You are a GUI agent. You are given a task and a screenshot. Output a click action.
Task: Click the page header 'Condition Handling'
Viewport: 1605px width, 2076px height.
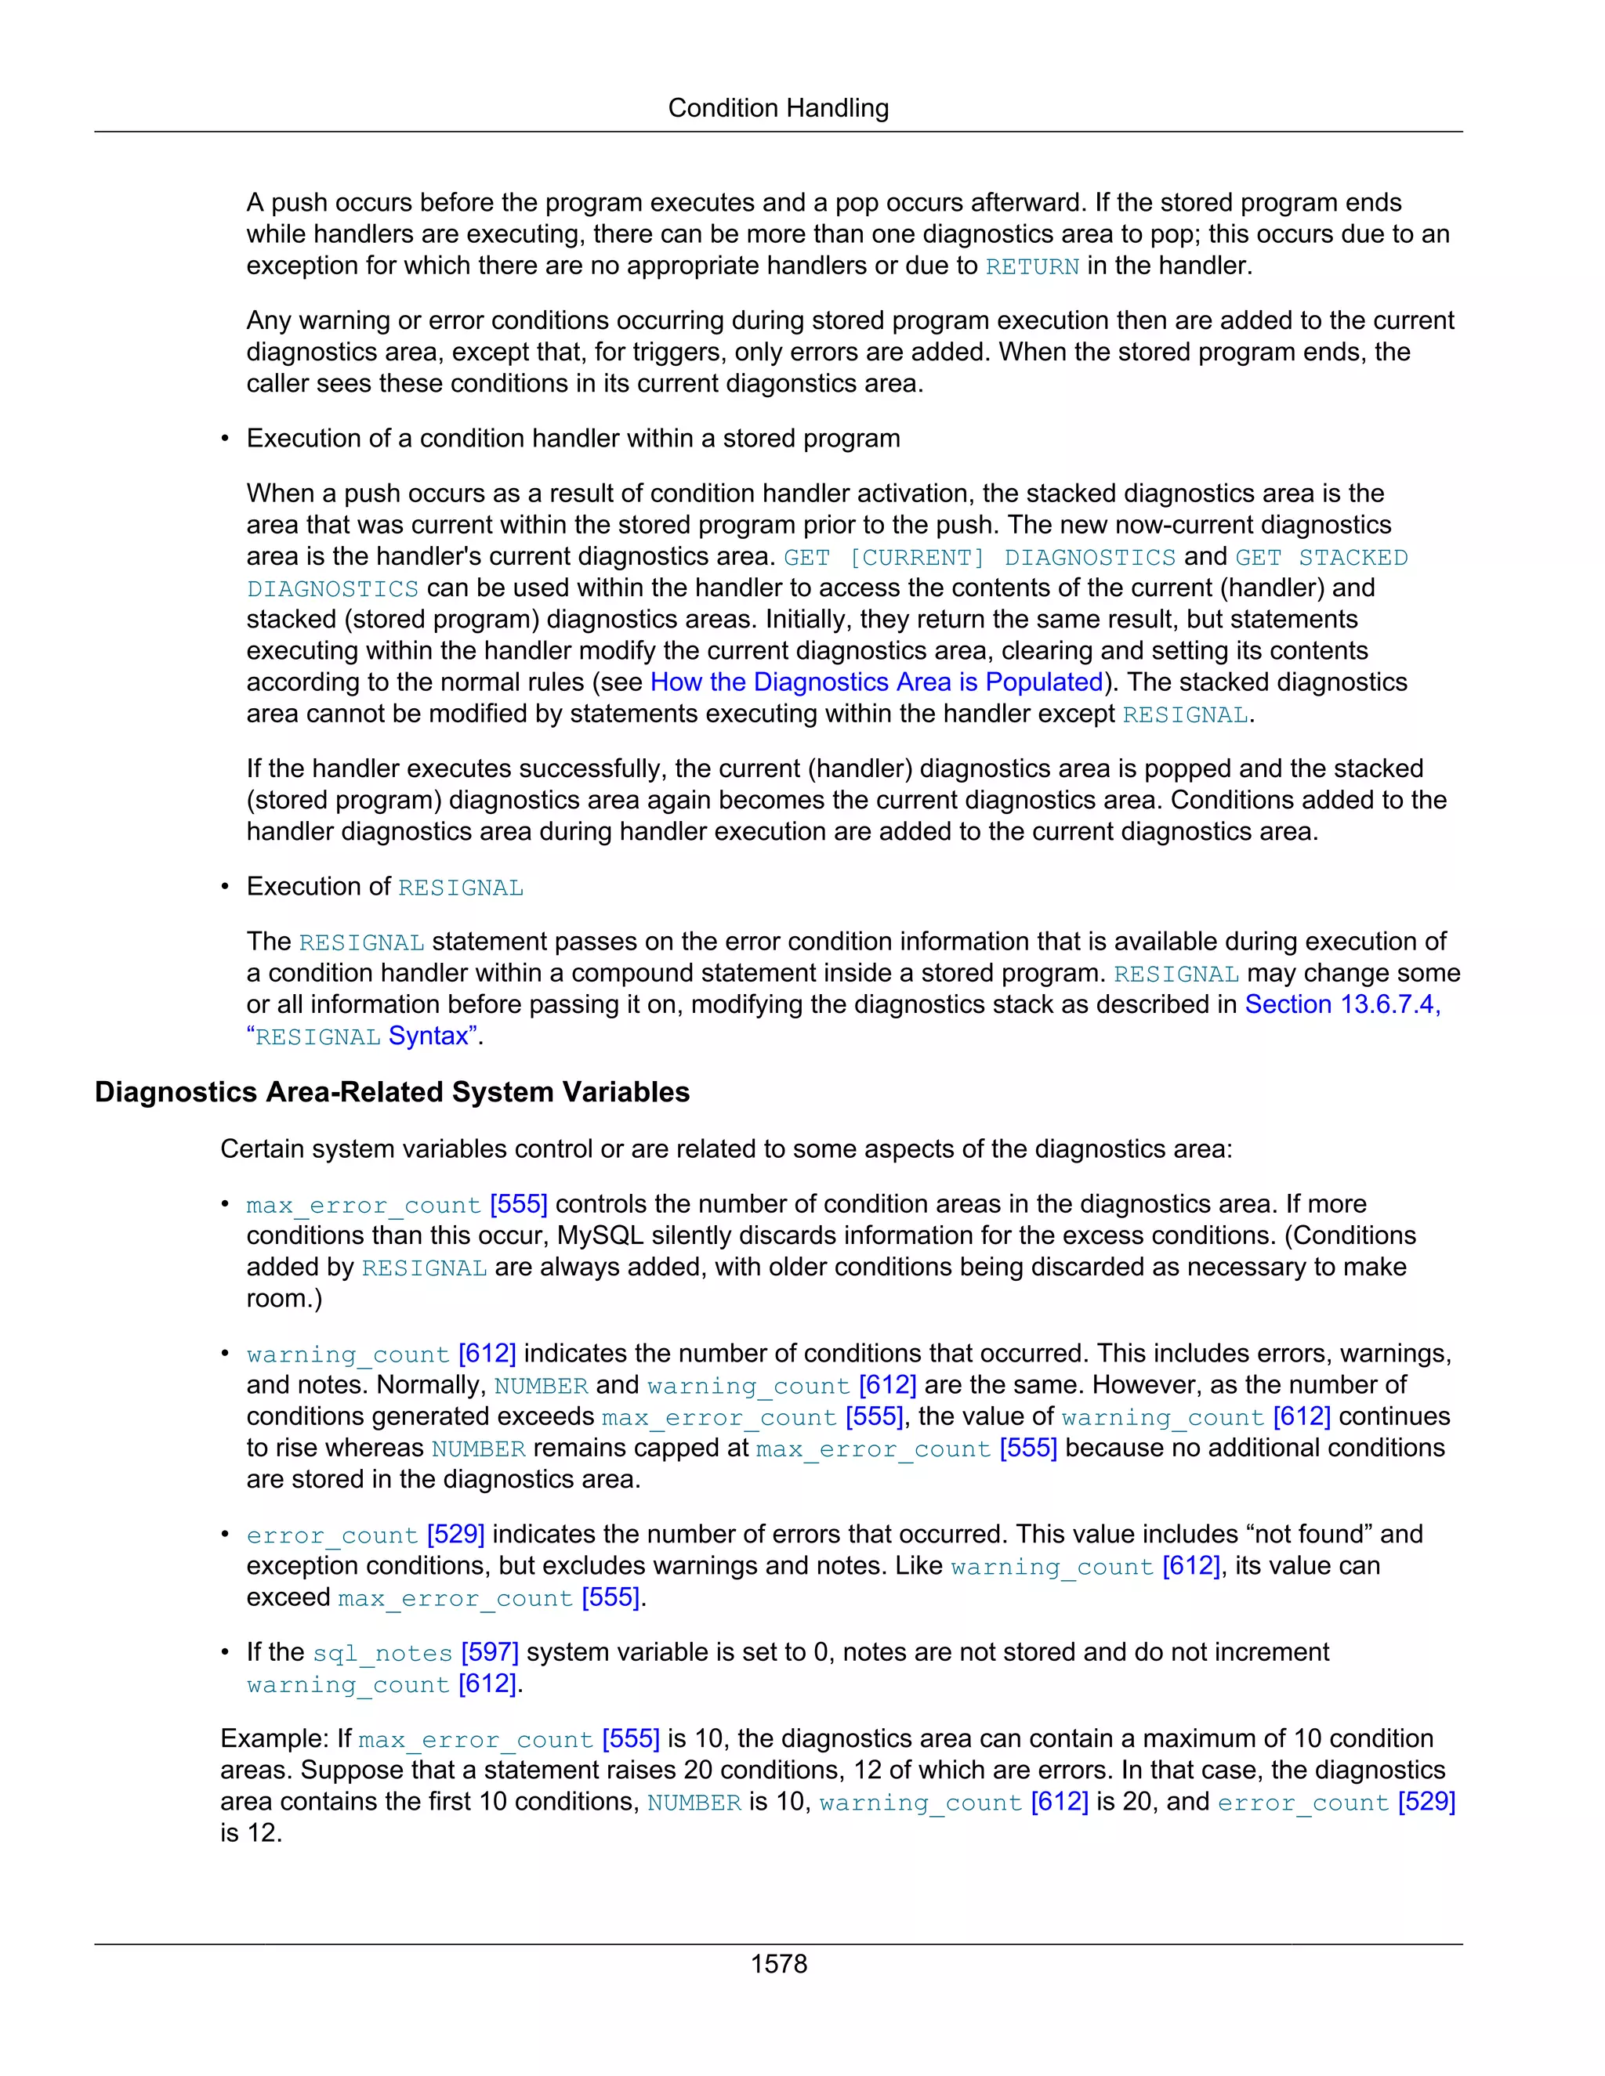click(x=777, y=108)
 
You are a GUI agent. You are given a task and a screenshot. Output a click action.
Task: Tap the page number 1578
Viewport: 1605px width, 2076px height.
click(x=777, y=1964)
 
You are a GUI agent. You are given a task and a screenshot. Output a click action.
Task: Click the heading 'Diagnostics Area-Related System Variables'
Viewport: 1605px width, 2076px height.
click(x=392, y=1091)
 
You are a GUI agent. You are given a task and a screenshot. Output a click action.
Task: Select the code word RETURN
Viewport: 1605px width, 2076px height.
click(x=1031, y=267)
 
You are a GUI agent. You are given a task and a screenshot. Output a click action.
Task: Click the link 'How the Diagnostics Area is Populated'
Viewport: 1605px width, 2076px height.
click(x=875, y=682)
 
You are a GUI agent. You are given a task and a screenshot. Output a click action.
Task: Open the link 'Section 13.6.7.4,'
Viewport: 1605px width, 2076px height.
click(x=1342, y=1005)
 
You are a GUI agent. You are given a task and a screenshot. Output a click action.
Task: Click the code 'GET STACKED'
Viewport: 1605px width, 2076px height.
click(x=1321, y=558)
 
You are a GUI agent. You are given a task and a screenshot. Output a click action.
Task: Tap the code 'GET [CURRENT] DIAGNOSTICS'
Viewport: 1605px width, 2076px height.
click(x=980, y=558)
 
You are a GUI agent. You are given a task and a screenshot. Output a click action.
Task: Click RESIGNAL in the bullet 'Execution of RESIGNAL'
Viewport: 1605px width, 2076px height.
click(x=460, y=888)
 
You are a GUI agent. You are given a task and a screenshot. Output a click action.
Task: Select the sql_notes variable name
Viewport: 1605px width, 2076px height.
click(x=382, y=1654)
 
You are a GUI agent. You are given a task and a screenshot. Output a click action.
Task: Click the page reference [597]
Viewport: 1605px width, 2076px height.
click(x=490, y=1653)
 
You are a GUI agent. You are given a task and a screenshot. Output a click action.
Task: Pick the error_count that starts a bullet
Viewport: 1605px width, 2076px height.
click(x=332, y=1536)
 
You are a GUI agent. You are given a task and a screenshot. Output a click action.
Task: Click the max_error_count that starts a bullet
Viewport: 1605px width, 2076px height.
click(x=363, y=1206)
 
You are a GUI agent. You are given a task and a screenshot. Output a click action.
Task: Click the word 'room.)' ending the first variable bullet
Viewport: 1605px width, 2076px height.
click(x=284, y=1298)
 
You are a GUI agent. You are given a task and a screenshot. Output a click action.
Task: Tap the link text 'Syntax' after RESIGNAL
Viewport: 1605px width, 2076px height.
click(x=429, y=1036)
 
